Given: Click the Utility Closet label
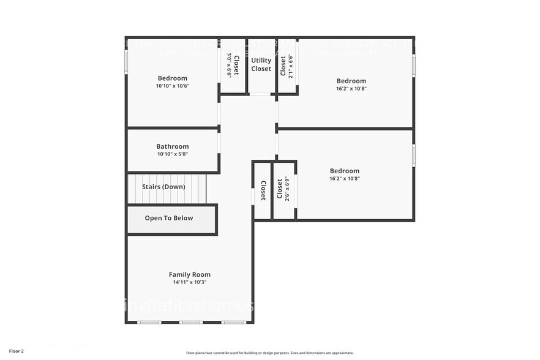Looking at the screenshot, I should (261, 65).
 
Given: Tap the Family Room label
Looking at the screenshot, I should (190, 274).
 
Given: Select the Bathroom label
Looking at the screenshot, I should (173, 146).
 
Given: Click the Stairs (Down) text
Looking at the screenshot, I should (163, 186).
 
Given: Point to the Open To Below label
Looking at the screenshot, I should (169, 218).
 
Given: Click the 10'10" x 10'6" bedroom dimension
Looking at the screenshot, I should (173, 86).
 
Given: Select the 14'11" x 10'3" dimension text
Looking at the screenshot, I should (190, 282).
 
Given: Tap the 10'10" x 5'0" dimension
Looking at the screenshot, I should (173, 154).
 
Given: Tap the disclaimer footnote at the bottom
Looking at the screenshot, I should (270, 353).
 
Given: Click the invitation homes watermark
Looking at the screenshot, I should (190, 304).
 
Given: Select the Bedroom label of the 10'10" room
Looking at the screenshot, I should (173, 78).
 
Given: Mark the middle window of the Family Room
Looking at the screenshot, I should (191, 322).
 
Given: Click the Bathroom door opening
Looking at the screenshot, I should (219, 141).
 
